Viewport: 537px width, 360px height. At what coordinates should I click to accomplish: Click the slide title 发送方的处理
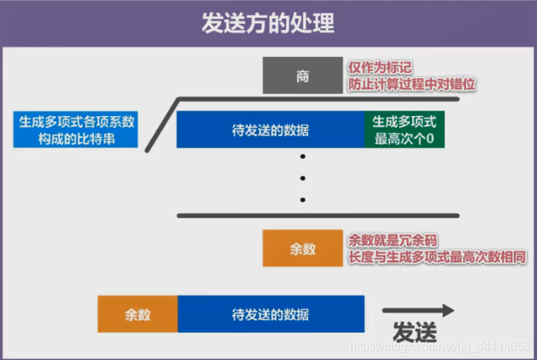(268, 23)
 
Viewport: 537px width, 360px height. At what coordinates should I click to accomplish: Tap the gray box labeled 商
(303, 76)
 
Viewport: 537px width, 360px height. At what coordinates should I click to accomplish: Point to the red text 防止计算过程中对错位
(411, 85)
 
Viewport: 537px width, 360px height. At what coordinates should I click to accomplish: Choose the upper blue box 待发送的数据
(270, 130)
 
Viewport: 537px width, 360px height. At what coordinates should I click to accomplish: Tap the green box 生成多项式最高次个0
(405, 129)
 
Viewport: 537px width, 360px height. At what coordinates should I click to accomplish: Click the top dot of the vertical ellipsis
(303, 157)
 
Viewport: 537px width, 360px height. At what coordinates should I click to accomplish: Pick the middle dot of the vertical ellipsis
(303, 178)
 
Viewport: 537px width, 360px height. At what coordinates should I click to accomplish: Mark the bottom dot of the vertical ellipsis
(303, 200)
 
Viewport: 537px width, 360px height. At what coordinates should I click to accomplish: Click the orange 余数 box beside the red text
(303, 248)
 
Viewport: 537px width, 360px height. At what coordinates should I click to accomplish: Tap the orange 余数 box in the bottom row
(137, 313)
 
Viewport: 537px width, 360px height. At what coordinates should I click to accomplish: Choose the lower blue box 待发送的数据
(270, 313)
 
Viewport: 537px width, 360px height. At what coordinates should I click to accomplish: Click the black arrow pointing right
(418, 310)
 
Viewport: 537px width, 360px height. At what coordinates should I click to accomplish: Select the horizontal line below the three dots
(318, 215)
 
